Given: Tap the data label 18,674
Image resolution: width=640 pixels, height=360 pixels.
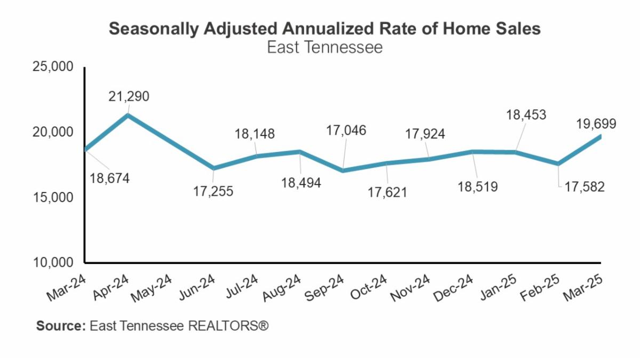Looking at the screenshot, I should coord(109,178).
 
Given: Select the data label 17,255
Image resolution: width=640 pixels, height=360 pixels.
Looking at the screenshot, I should coord(213,190).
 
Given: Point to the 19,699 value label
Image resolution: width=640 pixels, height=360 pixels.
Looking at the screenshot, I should coord(596,124).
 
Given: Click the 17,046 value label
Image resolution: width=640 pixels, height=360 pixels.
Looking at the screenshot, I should coord(347,130).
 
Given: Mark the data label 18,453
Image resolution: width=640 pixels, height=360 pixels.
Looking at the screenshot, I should coord(526,115).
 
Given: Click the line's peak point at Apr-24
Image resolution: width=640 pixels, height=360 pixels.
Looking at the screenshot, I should coord(128,114).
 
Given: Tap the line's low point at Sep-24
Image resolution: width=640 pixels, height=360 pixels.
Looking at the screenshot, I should coord(343,171).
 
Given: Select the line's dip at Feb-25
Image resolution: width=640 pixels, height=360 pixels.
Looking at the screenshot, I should coord(558,164).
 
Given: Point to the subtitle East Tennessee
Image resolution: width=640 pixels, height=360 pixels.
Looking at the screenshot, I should coord(324,47).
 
